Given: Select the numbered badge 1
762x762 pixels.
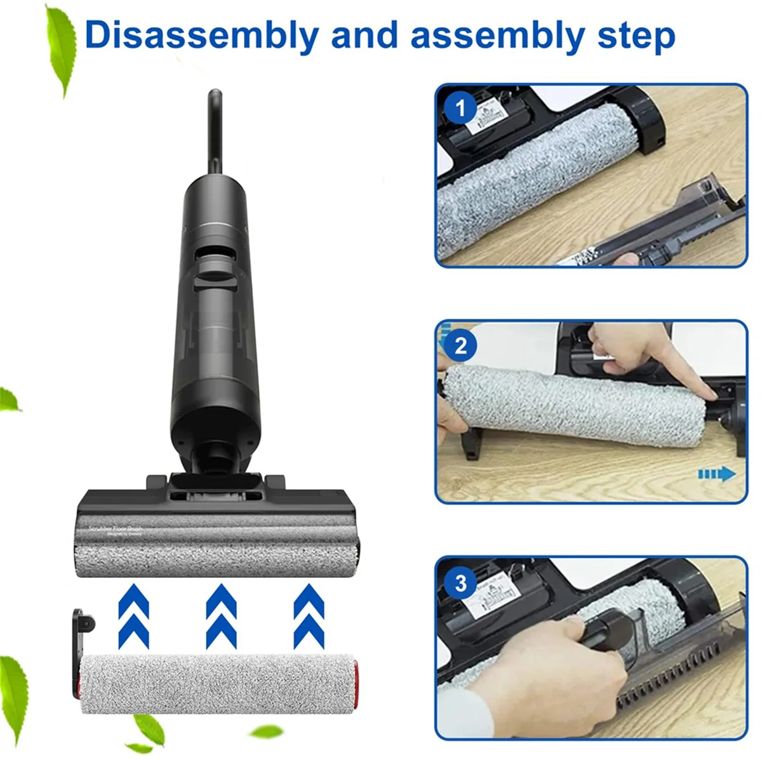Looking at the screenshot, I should point(460,109).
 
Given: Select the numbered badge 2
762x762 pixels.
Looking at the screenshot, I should point(460,345).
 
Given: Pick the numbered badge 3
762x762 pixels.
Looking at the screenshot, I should point(460,582).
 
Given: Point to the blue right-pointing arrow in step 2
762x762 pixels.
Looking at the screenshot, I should point(717,474).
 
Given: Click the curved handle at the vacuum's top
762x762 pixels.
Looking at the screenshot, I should point(215,130).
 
